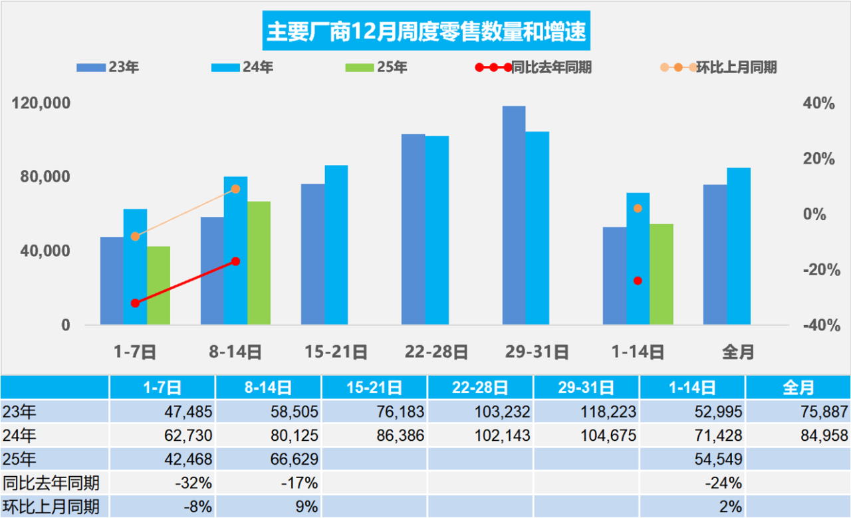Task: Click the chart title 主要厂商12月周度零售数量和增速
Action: (426, 31)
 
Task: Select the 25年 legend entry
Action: (376, 67)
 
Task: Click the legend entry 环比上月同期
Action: (719, 67)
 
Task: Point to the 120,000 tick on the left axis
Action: (41, 104)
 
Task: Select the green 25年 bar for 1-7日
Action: (159, 285)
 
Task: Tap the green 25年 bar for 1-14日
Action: (662, 274)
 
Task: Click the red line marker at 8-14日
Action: (235, 261)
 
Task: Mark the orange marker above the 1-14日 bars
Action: (638, 208)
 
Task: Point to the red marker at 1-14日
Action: (638, 281)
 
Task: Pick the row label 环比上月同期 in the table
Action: (52, 507)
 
